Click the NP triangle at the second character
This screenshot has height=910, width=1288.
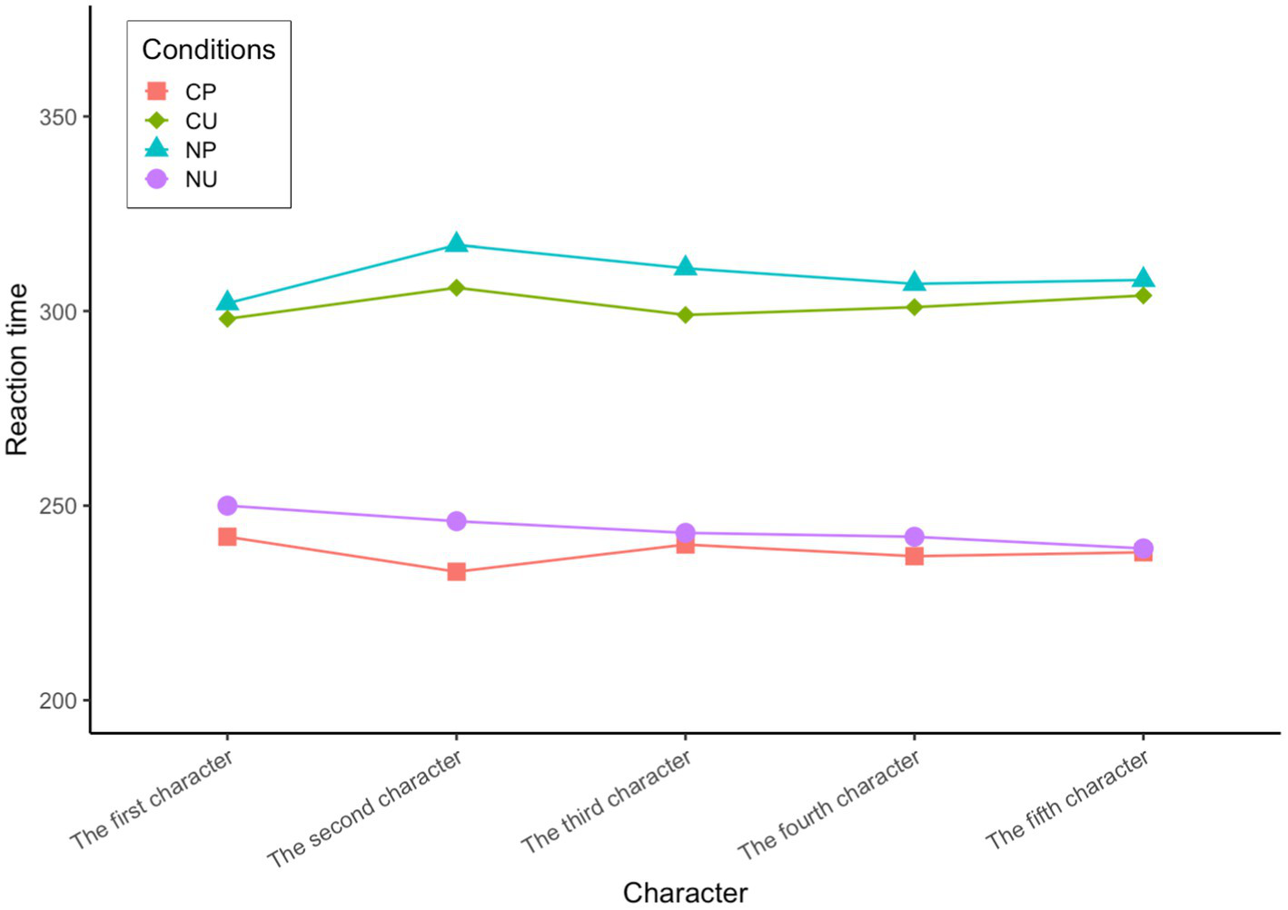click(x=456, y=243)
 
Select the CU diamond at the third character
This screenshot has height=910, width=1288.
click(x=685, y=315)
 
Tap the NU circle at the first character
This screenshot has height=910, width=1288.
click(x=227, y=506)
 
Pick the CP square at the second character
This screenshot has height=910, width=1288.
click(x=456, y=572)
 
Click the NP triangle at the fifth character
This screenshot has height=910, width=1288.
click(x=1143, y=279)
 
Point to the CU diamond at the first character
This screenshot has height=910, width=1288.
click(x=227, y=319)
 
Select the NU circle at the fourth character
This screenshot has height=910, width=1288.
click(x=914, y=537)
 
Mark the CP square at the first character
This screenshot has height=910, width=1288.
click(x=227, y=537)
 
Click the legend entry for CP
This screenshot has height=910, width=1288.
click(x=200, y=92)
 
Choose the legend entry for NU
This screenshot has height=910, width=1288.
click(x=201, y=179)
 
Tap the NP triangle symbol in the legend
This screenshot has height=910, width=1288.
click(x=157, y=149)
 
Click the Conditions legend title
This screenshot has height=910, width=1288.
click(x=208, y=50)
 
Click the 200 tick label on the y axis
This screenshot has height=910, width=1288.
click(x=57, y=701)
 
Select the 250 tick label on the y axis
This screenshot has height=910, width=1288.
click(x=57, y=506)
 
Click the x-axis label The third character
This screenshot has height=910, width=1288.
click(x=606, y=802)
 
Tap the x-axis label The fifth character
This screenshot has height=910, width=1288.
click(x=1067, y=800)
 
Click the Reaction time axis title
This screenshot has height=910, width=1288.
click(x=17, y=370)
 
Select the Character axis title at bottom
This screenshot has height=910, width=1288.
click(x=685, y=893)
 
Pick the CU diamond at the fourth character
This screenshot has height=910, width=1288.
click(x=914, y=307)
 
